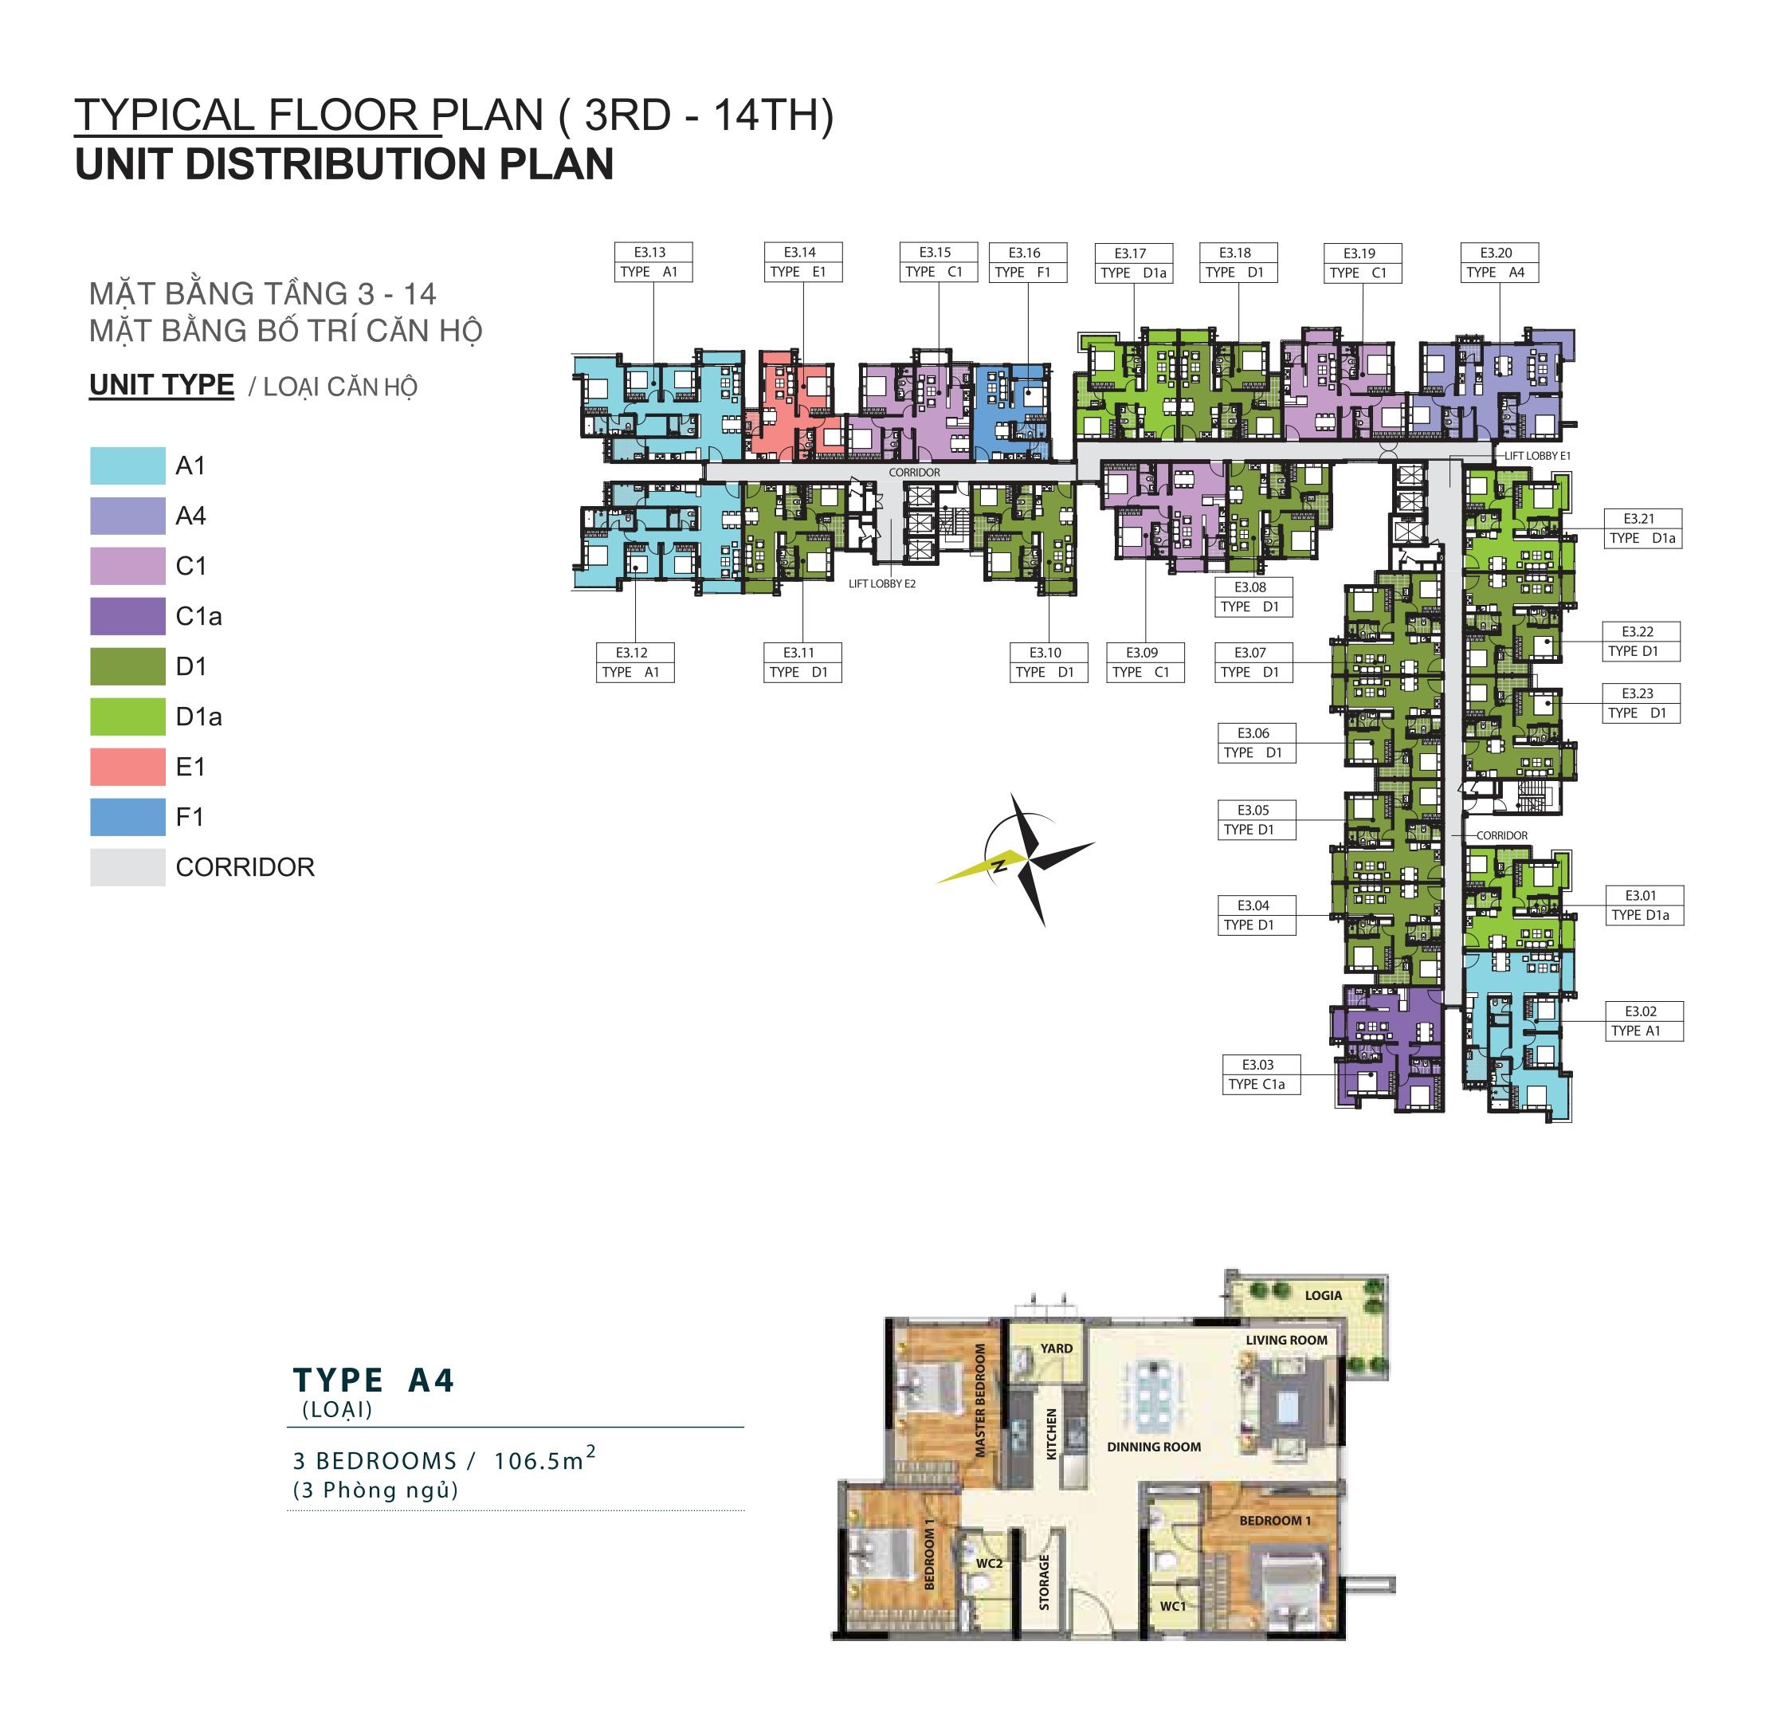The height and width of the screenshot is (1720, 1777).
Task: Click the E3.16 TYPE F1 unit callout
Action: pyautogui.click(x=1027, y=262)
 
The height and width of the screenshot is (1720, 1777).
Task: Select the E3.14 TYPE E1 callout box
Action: pyautogui.click(x=803, y=262)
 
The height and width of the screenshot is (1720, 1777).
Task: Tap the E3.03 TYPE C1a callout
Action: pyautogui.click(x=1260, y=1074)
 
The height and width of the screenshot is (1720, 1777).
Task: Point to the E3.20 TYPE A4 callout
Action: pyautogui.click(x=1500, y=262)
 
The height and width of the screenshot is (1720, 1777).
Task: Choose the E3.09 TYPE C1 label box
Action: pyautogui.click(x=1144, y=662)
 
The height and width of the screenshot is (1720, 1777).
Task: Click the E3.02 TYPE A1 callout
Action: pyautogui.click(x=1644, y=1021)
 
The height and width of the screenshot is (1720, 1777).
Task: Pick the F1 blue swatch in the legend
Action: pyautogui.click(x=127, y=817)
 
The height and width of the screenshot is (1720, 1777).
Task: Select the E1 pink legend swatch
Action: pyautogui.click(x=127, y=766)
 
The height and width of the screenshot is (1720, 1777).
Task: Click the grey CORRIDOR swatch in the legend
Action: pyautogui.click(x=127, y=867)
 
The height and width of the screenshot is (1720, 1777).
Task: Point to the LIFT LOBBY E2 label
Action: pyautogui.click(x=882, y=584)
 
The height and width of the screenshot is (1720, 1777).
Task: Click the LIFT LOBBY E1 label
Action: pyautogui.click(x=1538, y=456)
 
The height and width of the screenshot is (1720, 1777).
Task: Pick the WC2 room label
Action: pyautogui.click(x=989, y=1563)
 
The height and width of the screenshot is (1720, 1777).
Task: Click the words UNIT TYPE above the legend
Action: pyautogui.click(x=162, y=385)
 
